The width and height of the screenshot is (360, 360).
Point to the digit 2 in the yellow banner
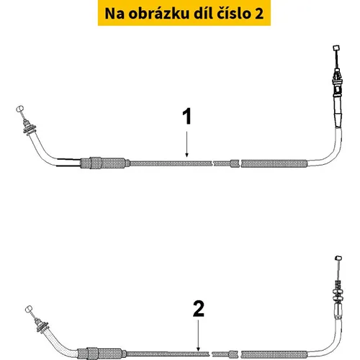pos(259,14)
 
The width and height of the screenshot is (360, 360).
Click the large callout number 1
pos(187,116)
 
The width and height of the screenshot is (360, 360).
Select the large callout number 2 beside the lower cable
pos(198,309)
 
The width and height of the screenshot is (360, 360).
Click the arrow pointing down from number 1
pos(187,144)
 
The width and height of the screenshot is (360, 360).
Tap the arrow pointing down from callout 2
pos(198,336)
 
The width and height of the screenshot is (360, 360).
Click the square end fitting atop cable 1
pos(336,48)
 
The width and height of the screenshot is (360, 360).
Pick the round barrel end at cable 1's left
pos(19,109)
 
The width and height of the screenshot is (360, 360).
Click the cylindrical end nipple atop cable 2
pos(338,258)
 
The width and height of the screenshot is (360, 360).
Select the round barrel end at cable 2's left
pos(29,309)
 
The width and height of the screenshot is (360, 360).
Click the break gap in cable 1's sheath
pos(212,163)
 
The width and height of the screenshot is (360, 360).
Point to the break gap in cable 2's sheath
pos(211,354)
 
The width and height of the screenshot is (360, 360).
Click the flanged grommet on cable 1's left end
pos(30,128)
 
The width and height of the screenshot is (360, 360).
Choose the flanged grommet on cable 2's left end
pos(42,327)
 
